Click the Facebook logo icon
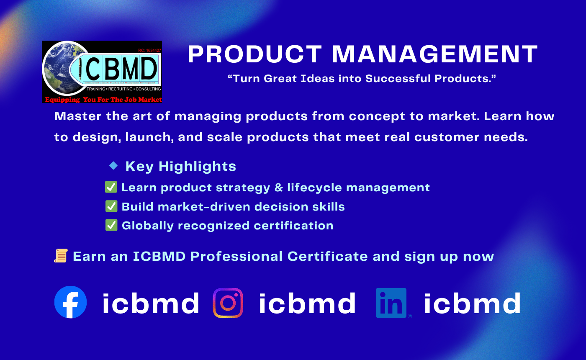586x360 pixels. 71,302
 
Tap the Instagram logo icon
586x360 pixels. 228,303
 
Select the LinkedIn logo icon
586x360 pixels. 391,303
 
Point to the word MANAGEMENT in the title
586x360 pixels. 434,54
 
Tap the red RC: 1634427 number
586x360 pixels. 149,50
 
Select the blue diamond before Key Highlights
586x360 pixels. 113,166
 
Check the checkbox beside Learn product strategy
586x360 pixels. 111,187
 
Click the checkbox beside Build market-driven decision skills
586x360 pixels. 111,206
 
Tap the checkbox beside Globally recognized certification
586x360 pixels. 111,225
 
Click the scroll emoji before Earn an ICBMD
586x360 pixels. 61,256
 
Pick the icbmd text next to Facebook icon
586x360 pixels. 151,303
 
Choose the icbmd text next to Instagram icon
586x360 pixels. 307,303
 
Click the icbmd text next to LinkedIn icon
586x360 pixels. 473,303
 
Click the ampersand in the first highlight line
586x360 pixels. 278,188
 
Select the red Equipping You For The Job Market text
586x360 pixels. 103,100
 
